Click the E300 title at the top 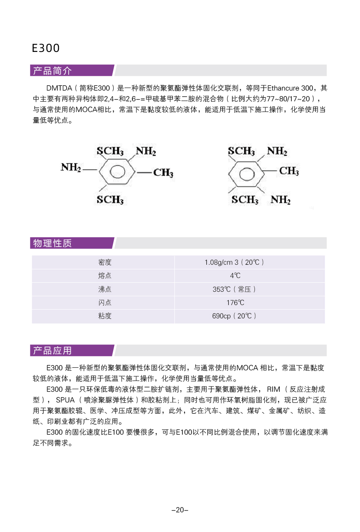click(x=46, y=48)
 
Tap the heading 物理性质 click(x=52, y=243)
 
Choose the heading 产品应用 click(x=52, y=351)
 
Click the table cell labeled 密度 click(x=105, y=262)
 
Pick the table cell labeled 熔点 click(x=105, y=276)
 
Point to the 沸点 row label click(x=105, y=289)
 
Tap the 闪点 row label click(x=105, y=302)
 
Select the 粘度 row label click(x=105, y=316)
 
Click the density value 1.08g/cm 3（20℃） click(x=234, y=262)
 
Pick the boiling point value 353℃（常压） click(x=234, y=289)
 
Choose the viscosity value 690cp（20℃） click(x=234, y=316)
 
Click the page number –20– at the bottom click(x=180, y=510)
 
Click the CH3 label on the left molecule click(x=163, y=173)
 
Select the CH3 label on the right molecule click(x=289, y=171)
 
